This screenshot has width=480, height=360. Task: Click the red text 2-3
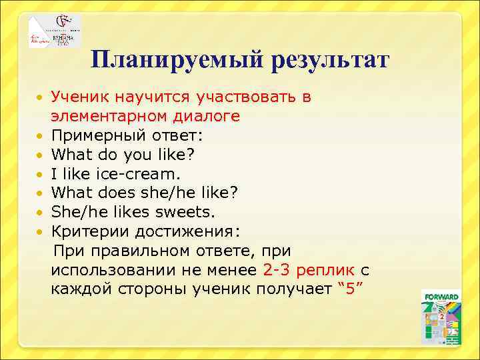(277, 270)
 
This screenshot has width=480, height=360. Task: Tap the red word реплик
(325, 270)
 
